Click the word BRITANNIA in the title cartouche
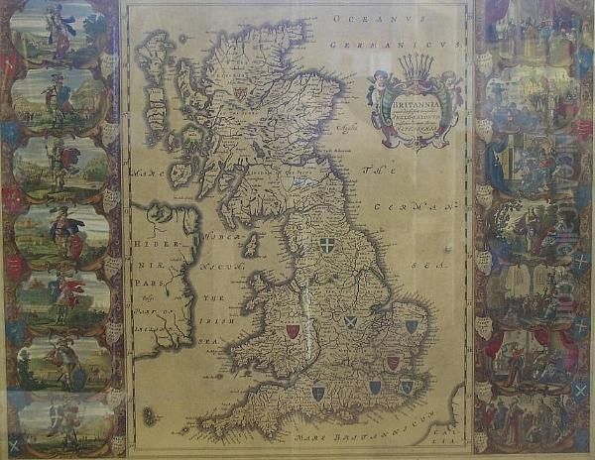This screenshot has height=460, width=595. point(410,100)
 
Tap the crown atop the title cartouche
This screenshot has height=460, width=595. point(416,68)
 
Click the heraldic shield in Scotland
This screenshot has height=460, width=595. point(240,93)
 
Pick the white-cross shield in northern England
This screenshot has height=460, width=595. point(328,245)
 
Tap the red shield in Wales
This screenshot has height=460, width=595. point(293,331)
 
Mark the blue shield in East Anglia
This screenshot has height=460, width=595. point(412,326)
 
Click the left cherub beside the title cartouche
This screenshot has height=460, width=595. point(378,90)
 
